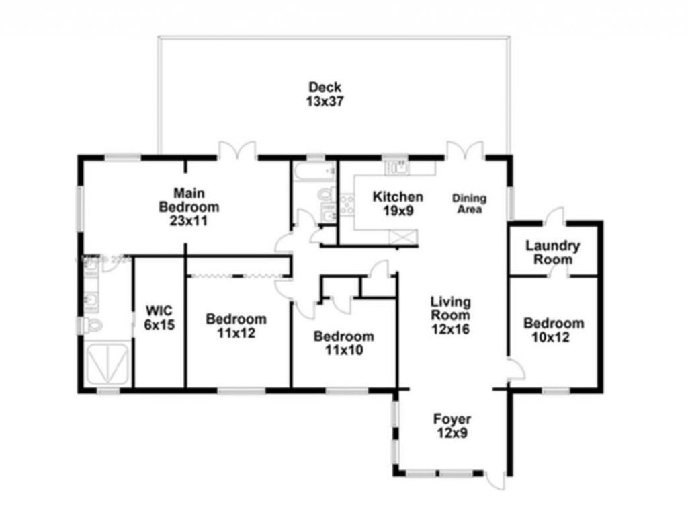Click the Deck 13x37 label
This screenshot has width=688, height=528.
(325, 94)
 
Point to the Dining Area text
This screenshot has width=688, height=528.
(469, 204)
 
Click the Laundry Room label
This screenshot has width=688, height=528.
(553, 252)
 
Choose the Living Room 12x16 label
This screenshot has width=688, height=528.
(450, 315)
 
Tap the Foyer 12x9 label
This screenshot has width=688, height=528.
(451, 426)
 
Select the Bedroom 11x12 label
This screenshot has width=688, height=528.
(236, 326)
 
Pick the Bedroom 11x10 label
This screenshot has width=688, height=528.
(343, 342)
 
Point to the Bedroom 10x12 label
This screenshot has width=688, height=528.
(554, 330)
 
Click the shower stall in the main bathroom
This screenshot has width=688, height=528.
(107, 363)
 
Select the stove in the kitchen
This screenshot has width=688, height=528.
(347, 204)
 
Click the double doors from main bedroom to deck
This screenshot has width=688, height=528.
(237, 150)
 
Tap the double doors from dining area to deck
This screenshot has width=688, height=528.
(466, 150)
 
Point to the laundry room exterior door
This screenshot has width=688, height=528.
(554, 217)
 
